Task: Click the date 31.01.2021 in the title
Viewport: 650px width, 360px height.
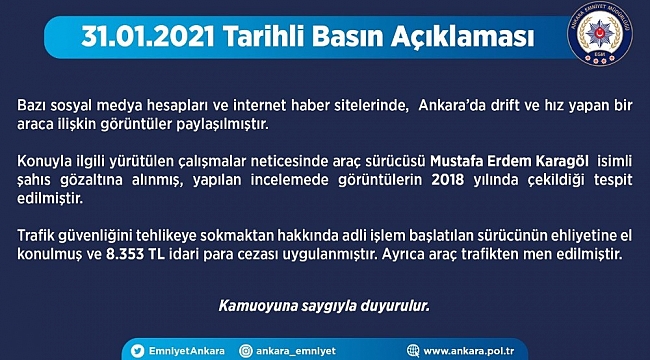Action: (x=148, y=37)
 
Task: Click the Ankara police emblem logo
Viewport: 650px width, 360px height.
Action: (x=599, y=34)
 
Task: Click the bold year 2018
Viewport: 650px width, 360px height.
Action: (x=448, y=180)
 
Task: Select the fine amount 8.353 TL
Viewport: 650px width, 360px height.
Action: (x=136, y=254)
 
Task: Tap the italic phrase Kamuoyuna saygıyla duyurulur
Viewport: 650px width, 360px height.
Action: (x=324, y=306)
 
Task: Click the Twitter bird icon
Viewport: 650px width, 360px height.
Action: (x=137, y=351)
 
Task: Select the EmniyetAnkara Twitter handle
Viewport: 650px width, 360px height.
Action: (x=187, y=351)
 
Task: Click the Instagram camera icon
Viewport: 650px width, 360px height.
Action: (x=245, y=351)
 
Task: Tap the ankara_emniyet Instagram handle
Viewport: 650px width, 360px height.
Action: (x=296, y=351)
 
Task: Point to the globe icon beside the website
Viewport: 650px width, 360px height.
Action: (x=413, y=351)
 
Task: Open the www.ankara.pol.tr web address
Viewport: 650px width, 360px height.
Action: (x=469, y=351)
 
